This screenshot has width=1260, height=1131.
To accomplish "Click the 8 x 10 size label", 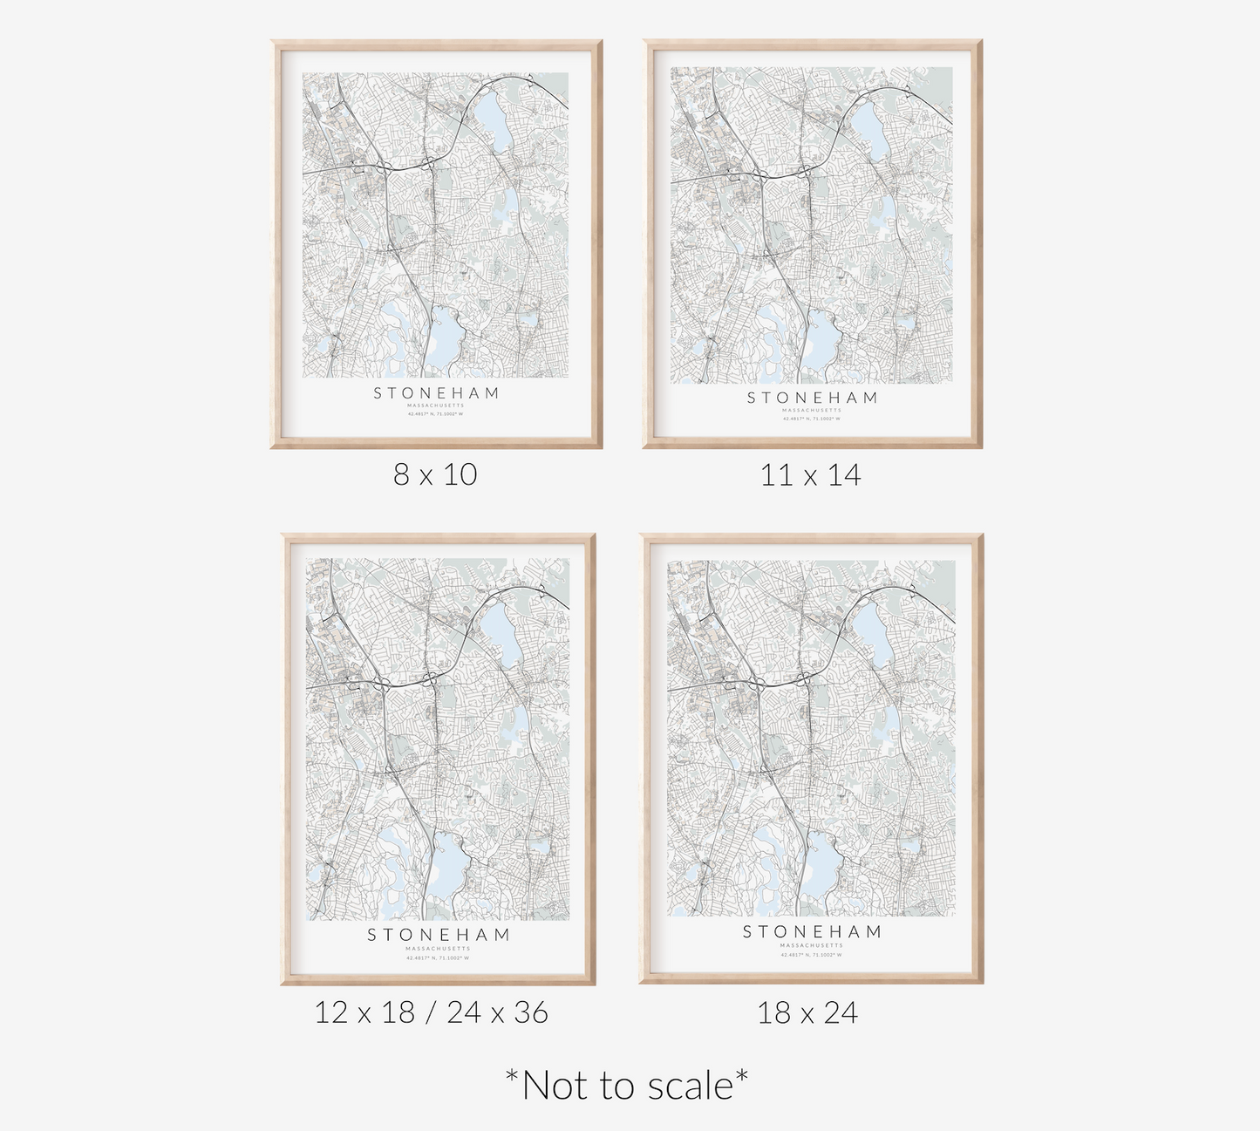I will tap(435, 474).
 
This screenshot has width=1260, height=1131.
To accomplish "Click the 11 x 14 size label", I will tap(810, 475).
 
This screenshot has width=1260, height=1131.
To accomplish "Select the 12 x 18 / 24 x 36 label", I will tap(432, 1012).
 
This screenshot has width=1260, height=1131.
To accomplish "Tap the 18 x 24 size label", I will tap(807, 1013).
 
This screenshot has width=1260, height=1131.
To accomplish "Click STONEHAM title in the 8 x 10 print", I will tap(436, 393).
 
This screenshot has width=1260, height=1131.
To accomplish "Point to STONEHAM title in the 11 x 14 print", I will tap(812, 398).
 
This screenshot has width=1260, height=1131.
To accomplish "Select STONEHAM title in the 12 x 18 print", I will tap(438, 935).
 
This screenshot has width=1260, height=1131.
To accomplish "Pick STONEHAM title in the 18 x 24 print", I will tap(812, 932).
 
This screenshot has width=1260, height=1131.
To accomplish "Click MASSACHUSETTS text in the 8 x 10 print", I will tap(436, 405).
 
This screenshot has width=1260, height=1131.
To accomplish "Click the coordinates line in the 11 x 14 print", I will tap(812, 419).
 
